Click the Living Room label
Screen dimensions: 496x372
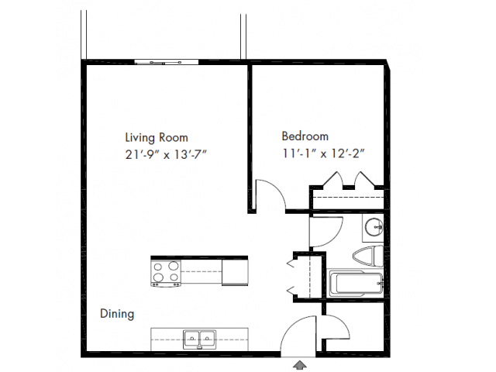click(157, 138)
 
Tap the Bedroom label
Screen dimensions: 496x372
click(305, 136)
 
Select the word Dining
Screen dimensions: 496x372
click(117, 314)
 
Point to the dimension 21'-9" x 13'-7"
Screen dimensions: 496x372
click(166, 154)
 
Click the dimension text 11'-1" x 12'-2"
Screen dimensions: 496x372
click(323, 153)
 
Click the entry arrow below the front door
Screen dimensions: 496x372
click(300, 365)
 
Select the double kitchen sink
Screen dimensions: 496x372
click(199, 339)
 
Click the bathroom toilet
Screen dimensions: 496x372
click(368, 256)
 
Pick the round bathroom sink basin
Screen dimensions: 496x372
click(374, 226)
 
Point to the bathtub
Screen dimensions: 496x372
click(356, 284)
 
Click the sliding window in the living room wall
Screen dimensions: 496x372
click(167, 62)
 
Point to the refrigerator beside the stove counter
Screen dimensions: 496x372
click(235, 272)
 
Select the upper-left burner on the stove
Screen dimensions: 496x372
click(158, 267)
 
